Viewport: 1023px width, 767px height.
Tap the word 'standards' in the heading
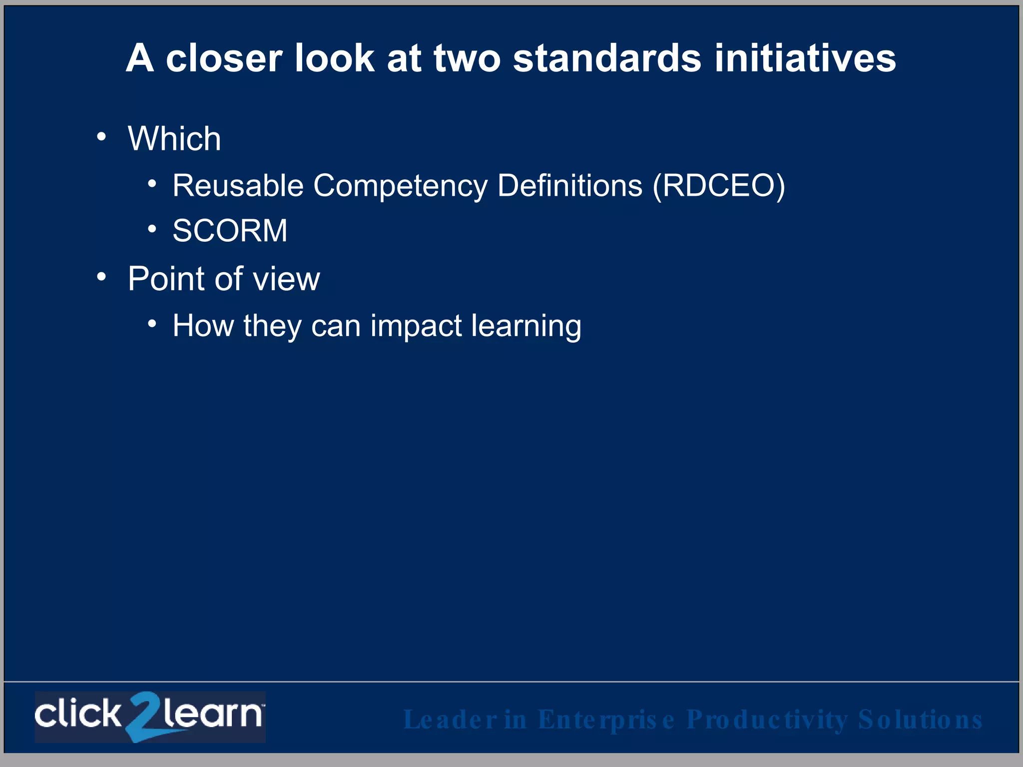(x=607, y=58)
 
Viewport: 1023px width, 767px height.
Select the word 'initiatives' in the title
(x=805, y=58)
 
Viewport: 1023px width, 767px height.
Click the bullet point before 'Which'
(x=102, y=136)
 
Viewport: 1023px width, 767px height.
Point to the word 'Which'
(x=174, y=138)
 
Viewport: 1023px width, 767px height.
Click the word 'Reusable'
(x=238, y=186)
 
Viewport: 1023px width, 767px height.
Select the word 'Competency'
(x=400, y=186)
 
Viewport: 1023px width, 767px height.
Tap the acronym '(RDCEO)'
(x=719, y=186)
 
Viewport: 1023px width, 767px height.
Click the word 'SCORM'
(x=230, y=231)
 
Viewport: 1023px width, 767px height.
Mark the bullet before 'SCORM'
(x=152, y=229)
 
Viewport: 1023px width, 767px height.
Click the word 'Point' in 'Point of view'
(x=166, y=279)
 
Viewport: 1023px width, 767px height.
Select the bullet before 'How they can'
(x=152, y=324)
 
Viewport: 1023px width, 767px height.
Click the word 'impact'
(x=416, y=326)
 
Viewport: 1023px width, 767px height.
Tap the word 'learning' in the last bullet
(x=526, y=326)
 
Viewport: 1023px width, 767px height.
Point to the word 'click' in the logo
(x=78, y=714)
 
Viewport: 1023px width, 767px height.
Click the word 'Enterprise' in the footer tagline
(x=606, y=720)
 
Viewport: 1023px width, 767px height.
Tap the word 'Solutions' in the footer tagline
(x=920, y=720)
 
